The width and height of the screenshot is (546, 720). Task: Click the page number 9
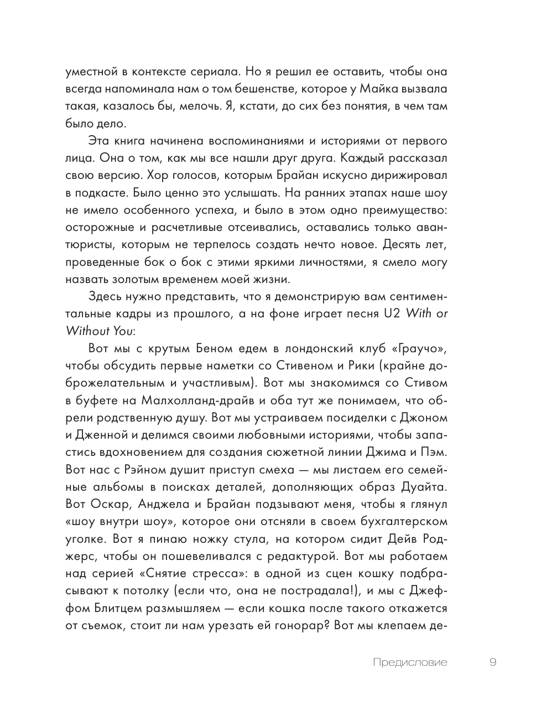[493, 662]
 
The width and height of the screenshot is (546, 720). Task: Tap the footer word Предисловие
[410, 662]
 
